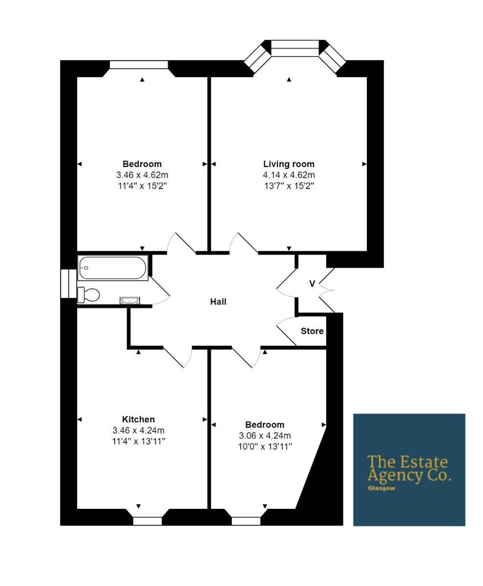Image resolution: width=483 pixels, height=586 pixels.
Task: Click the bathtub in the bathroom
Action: coord(113,268)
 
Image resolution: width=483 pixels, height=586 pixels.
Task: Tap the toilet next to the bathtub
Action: coord(89,295)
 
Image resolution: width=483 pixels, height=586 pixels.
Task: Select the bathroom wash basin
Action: coord(130,300)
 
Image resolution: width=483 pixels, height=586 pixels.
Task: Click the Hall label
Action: coord(218,302)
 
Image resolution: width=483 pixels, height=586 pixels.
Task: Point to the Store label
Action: coord(312,331)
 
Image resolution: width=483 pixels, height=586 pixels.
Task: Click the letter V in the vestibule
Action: coord(312,284)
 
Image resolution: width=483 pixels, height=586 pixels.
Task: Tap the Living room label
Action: coord(288,164)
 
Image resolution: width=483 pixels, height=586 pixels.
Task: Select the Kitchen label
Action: coord(138,419)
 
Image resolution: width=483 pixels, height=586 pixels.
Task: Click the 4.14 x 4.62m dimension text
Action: coord(288,175)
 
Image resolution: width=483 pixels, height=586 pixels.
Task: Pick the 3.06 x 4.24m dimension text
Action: coord(265,435)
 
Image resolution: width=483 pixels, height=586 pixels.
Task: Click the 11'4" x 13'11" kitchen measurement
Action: coord(138,441)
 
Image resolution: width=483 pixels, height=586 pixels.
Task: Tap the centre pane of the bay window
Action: coord(295,43)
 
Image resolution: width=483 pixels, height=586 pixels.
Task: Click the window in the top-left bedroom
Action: coord(138,64)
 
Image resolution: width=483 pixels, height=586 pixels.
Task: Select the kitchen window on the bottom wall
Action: coord(148,521)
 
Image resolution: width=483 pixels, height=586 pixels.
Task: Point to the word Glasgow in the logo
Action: coord(381,488)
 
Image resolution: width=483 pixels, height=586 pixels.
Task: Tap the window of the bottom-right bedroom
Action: coord(246,521)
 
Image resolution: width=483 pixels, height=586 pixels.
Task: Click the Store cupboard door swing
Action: coord(287,330)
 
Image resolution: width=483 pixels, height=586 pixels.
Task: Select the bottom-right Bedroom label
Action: coord(265,425)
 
